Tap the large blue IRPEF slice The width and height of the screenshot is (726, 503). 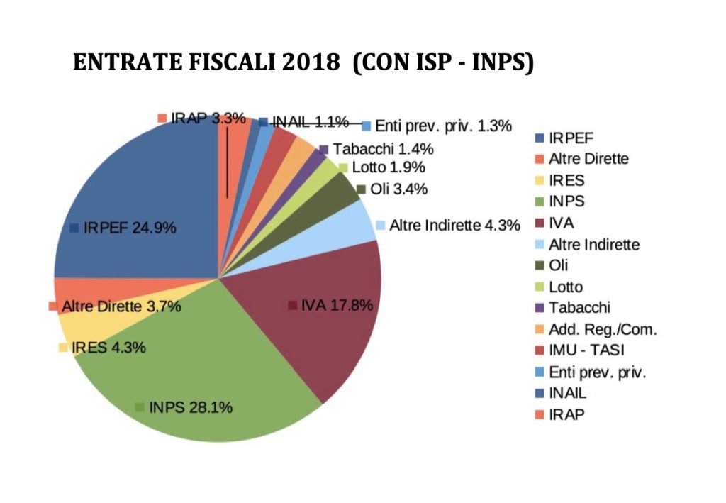[x=142, y=206]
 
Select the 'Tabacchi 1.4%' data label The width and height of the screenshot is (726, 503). [x=376, y=150]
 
